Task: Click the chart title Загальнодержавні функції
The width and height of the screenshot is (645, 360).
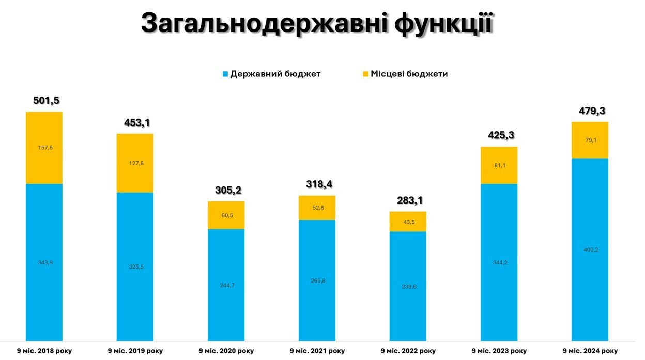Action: [x=317, y=23]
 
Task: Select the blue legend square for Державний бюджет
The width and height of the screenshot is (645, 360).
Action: [x=225, y=74]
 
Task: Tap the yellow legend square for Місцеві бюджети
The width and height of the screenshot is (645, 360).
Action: [x=365, y=74]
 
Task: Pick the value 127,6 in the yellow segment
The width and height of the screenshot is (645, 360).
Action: [x=134, y=163]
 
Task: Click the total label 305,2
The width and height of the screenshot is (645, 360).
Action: [x=226, y=191]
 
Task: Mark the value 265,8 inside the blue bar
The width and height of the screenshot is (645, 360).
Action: [x=317, y=280]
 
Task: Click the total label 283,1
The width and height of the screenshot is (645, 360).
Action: [x=408, y=200]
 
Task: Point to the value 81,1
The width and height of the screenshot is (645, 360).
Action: [x=499, y=165]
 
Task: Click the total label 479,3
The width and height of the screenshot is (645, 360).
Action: [x=590, y=111]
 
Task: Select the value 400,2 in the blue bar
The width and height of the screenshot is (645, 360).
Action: [x=590, y=249]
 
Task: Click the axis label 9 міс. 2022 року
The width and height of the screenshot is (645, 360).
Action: [x=408, y=351]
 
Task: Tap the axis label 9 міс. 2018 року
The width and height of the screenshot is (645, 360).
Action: [x=44, y=351]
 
